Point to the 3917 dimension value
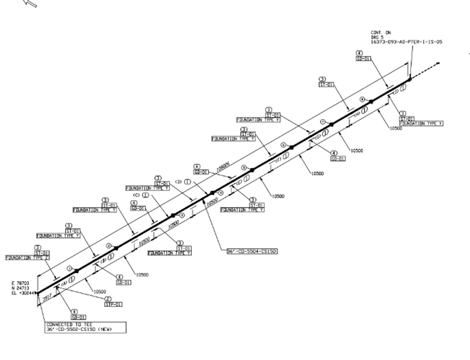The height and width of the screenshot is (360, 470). (47, 298)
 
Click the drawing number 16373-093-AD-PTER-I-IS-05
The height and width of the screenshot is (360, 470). (406, 42)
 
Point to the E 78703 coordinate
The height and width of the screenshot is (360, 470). (20, 283)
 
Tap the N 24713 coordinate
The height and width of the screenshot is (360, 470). (20, 288)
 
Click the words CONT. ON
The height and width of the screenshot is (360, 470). (381, 33)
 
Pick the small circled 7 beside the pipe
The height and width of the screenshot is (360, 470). (322, 121)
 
